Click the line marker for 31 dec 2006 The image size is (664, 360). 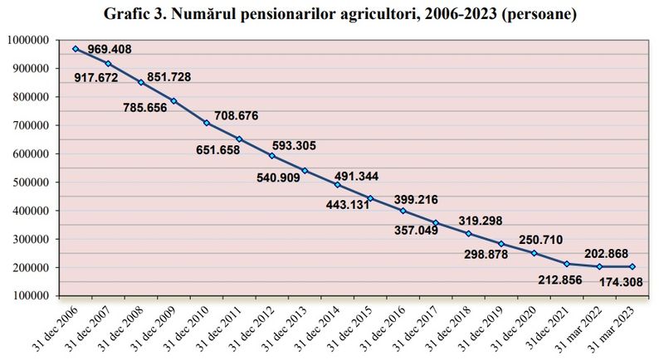(76, 49)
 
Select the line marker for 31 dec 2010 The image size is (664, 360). (207, 123)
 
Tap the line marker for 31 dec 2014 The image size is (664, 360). (337, 185)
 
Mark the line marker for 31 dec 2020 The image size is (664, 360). (534, 253)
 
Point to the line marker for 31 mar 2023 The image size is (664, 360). (632, 266)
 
